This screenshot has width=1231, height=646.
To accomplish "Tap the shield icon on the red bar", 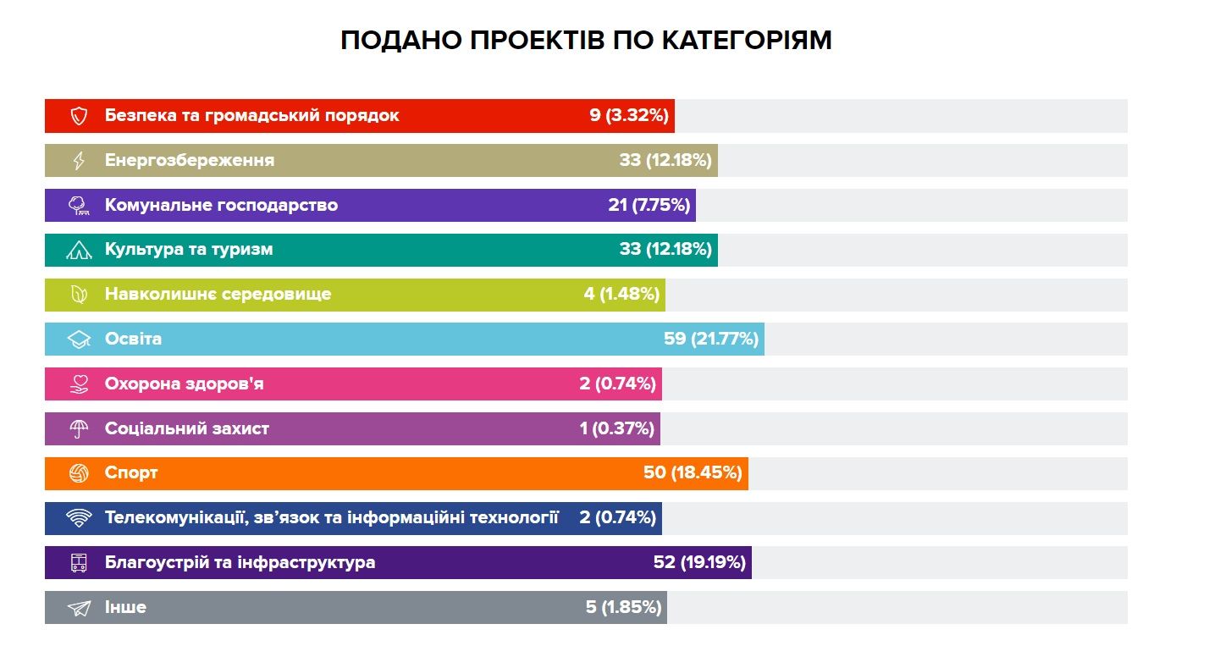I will point(79,116).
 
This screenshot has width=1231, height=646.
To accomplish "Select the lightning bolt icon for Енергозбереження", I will point(79,161).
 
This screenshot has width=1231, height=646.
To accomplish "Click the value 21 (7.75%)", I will point(649,205).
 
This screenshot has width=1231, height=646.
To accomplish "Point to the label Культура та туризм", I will point(189,250).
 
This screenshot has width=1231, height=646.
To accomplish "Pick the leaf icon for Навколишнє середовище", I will point(79,295).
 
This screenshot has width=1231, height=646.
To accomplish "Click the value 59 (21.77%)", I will point(711,340).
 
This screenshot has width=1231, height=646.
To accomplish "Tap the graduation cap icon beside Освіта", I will point(79,340).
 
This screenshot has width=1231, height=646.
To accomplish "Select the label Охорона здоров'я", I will point(185,384).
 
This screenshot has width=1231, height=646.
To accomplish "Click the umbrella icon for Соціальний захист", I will point(79,429).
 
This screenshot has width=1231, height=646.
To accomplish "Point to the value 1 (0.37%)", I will point(617,429).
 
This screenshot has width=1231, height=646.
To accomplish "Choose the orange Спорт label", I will point(131,473).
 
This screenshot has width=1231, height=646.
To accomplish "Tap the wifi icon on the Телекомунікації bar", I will point(79,518).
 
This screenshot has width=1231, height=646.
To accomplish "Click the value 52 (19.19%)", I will point(698,563).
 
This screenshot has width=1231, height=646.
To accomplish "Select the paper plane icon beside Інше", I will point(79,608).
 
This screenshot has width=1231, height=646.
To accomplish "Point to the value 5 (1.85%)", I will point(623,608).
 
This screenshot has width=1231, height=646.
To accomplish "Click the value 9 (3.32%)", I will point(630,116).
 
